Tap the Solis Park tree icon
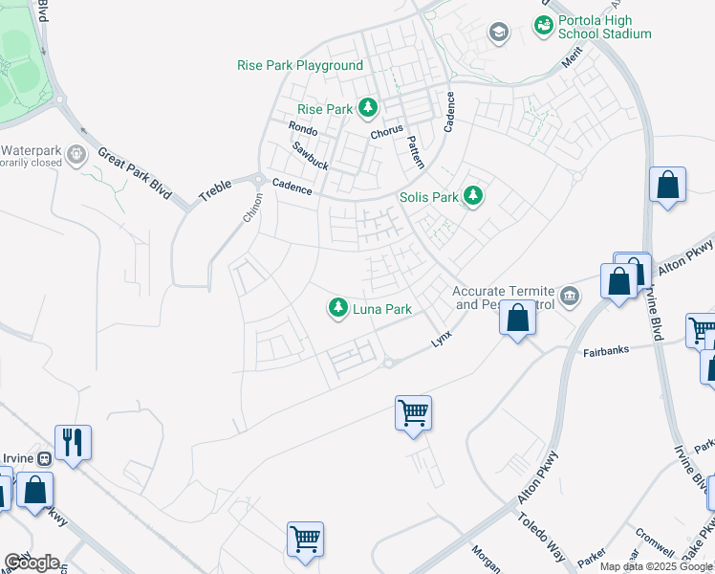[472, 197]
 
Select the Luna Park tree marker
[337, 309]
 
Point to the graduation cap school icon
[498, 33]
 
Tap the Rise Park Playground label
[300, 66]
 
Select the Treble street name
[215, 188]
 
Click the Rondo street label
[303, 128]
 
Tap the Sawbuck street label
[311, 156]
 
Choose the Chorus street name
[387, 131]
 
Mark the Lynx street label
[440, 339]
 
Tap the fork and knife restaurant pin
[73, 442]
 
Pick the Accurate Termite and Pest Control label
[505, 298]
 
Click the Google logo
[32, 563]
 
